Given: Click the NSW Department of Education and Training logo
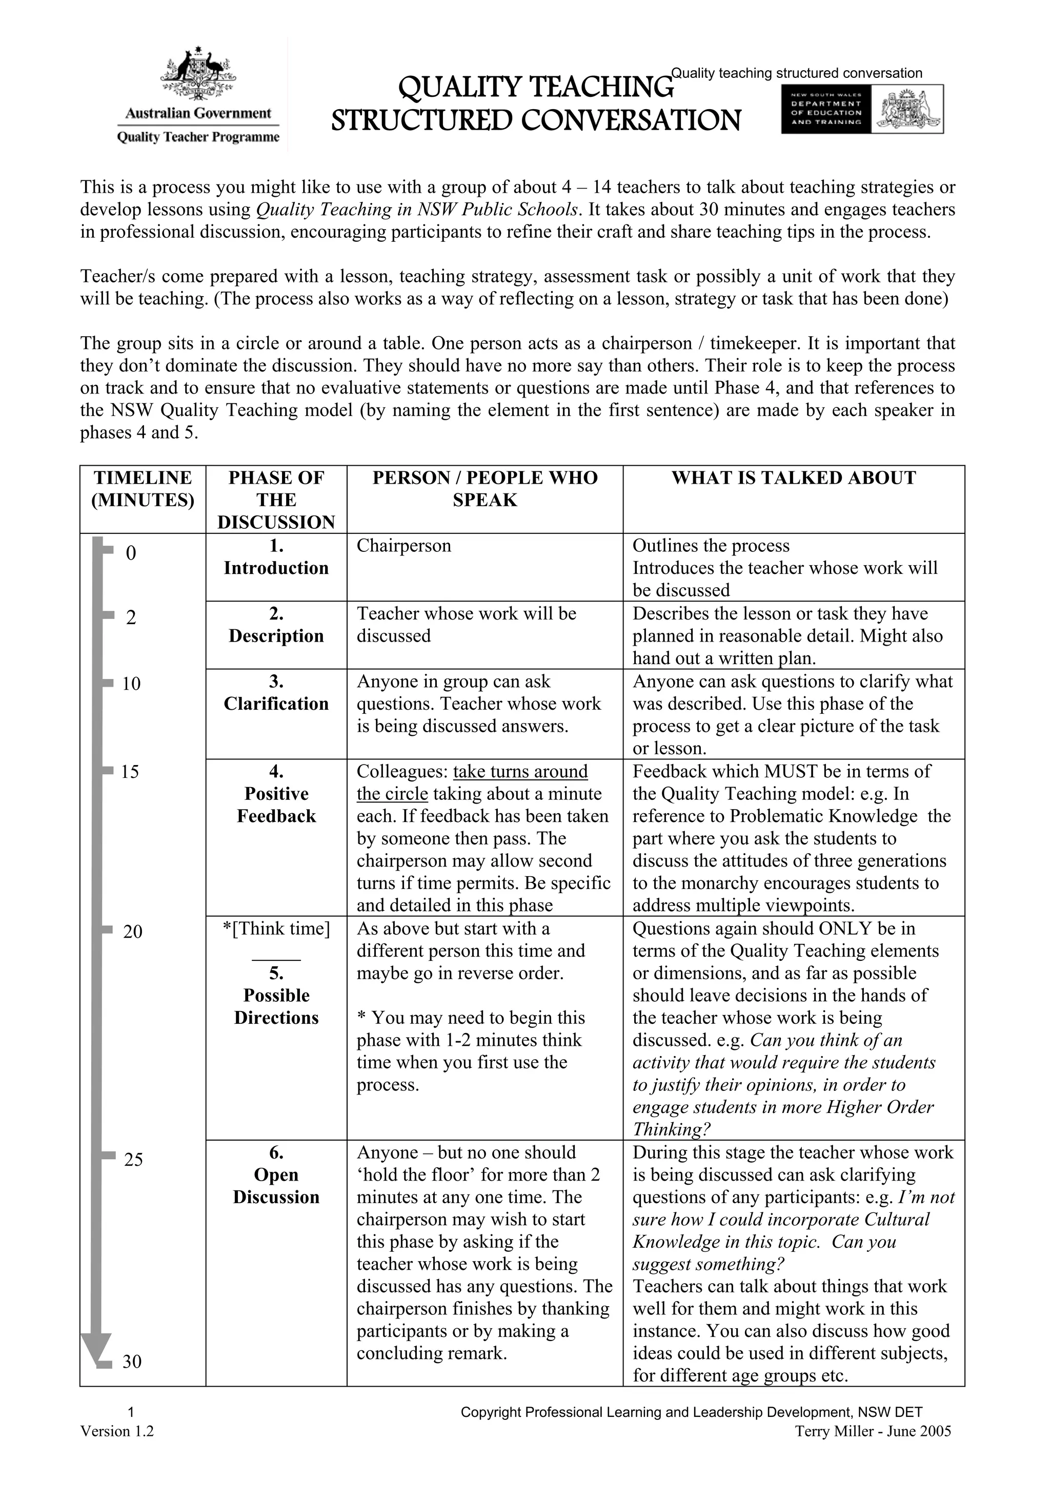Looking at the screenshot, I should click(x=861, y=109).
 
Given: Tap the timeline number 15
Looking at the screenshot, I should click(x=130, y=772).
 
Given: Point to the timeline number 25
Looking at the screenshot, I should click(x=133, y=1160).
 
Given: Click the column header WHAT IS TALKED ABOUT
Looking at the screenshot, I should click(x=793, y=478).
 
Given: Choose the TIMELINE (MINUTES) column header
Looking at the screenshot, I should click(x=143, y=489).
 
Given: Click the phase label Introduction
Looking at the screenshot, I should click(x=276, y=568).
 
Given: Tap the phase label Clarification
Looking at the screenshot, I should click(x=276, y=704).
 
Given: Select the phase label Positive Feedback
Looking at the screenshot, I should click(x=276, y=805).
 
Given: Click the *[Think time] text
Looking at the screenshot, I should click(x=276, y=929).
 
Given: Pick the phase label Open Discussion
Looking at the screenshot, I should click(x=276, y=1186).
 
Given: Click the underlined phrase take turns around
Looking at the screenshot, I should click(x=520, y=772).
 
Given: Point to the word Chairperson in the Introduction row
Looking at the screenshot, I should click(x=403, y=546).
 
